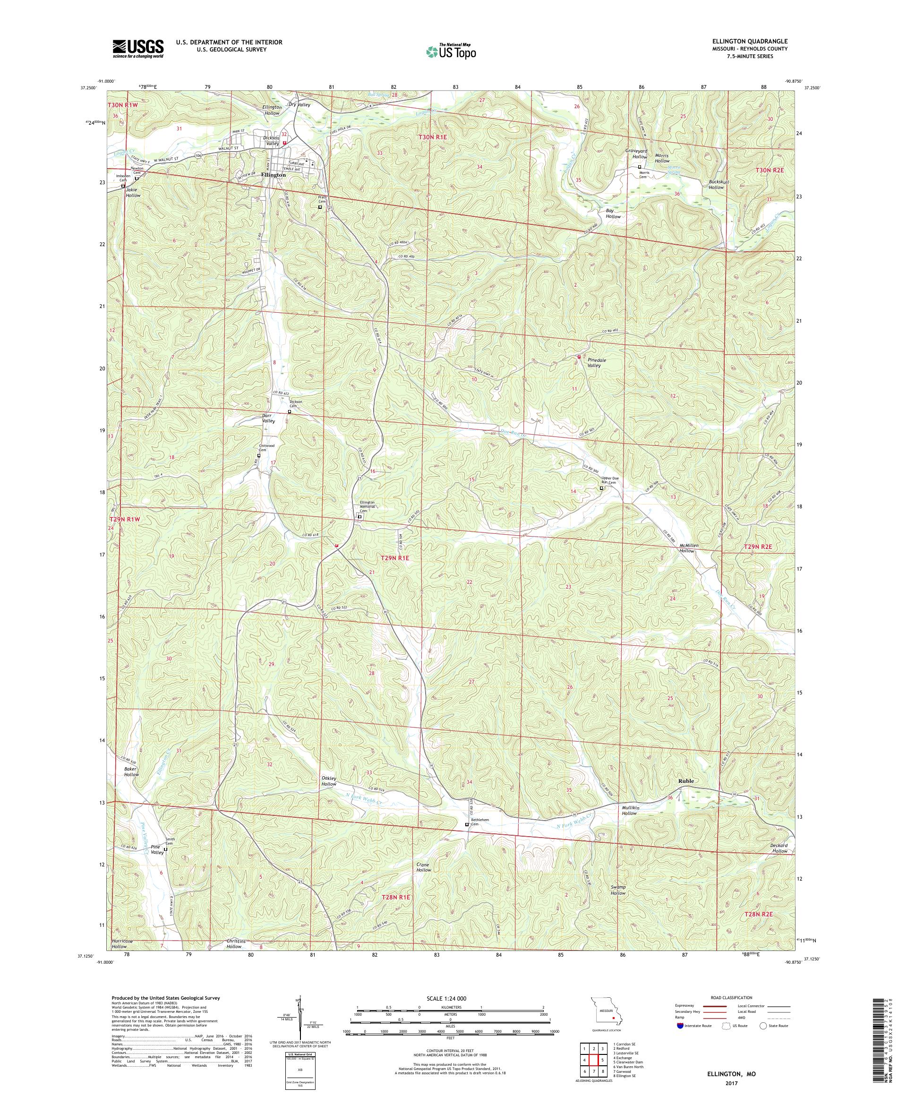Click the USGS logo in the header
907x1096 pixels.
click(x=138, y=49)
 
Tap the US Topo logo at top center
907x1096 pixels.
click(x=452, y=51)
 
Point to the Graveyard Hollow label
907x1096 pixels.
click(x=636, y=154)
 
